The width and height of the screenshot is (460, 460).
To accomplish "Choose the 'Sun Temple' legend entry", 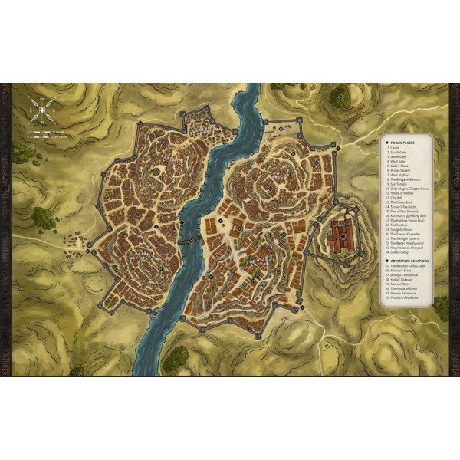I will (x=398, y=185).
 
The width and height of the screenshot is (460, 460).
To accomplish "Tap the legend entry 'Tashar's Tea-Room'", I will (x=403, y=211).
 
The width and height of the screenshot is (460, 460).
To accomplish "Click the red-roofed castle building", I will (x=338, y=233).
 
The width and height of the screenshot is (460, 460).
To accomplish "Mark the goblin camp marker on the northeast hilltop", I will (x=339, y=97).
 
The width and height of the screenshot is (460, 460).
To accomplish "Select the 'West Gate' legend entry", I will (x=396, y=164).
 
